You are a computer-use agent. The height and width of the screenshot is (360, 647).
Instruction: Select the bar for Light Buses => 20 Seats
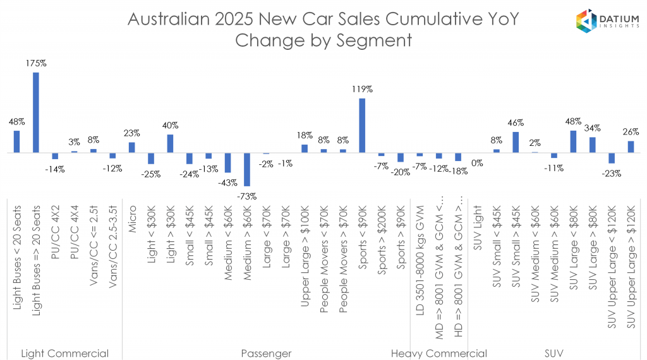(x=35, y=112)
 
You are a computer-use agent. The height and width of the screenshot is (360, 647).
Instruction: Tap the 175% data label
(x=36, y=64)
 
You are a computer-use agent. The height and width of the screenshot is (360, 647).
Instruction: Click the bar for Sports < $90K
(x=362, y=126)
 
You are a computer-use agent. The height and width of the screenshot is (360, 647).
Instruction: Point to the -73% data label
(x=247, y=196)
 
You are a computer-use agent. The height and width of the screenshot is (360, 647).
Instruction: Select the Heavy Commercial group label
(x=438, y=353)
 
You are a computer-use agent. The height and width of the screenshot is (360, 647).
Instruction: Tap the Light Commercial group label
(x=64, y=353)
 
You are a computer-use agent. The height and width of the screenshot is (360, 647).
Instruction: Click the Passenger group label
(x=266, y=353)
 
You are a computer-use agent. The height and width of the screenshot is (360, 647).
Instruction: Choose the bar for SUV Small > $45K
(x=516, y=142)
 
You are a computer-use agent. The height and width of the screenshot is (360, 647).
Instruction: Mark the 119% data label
(x=363, y=90)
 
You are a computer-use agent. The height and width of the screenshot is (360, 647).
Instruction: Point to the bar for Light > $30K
(x=170, y=143)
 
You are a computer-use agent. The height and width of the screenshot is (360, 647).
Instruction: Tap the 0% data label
(x=477, y=163)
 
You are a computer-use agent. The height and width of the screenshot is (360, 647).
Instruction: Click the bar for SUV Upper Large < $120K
(x=612, y=159)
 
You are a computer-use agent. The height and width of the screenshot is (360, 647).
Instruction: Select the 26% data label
(x=631, y=131)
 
